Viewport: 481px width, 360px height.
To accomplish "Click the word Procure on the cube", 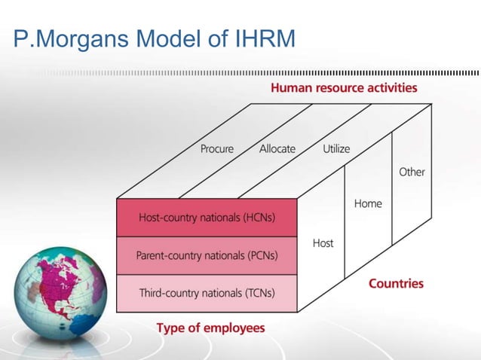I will tap(217, 149).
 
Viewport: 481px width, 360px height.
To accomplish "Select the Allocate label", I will tap(277, 149).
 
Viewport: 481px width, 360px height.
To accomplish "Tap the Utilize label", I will tap(336, 149).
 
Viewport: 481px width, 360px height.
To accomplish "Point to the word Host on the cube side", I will tap(323, 243).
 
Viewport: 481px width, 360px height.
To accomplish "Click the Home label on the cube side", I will tap(368, 203).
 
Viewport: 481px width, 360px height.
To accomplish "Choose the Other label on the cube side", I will tap(412, 172).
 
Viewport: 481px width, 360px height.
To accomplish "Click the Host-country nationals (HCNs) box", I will tap(207, 218).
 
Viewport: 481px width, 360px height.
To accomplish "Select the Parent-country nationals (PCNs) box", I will tap(207, 255).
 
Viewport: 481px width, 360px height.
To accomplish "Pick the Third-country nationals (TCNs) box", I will tap(207, 292).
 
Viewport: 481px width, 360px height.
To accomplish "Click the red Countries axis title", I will tap(396, 284).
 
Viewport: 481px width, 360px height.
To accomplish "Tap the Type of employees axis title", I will tap(210, 328).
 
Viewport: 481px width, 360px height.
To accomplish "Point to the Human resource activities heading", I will tap(344, 88).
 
